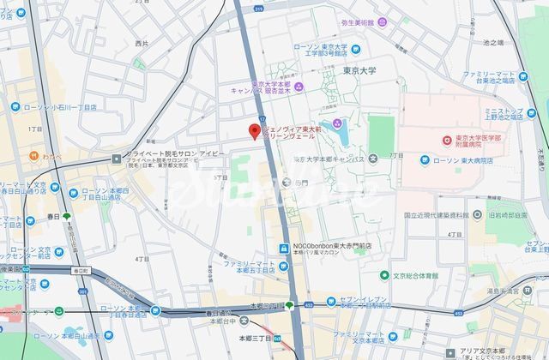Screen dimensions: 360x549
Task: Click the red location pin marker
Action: tap(254, 131)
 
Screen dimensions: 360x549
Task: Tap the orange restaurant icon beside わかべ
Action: tap(33, 157)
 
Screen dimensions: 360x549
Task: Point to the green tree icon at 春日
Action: tap(67, 230)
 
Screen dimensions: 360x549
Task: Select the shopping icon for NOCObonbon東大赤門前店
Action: tap(282, 249)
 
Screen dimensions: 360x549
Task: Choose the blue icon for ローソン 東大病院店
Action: tap(425, 160)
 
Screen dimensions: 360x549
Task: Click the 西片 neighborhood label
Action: tap(142, 43)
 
